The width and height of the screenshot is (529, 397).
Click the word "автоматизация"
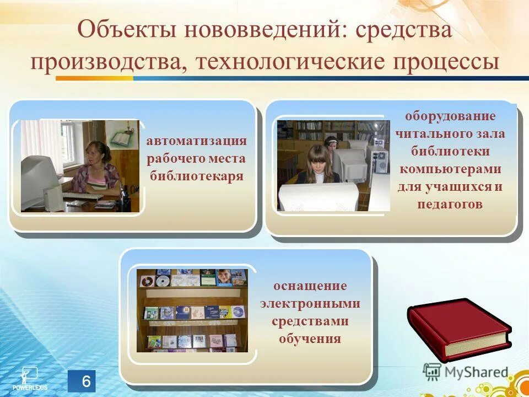pos(196,141)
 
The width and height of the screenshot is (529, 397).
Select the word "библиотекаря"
pos(196,176)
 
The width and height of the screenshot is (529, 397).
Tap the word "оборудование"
pos(450,116)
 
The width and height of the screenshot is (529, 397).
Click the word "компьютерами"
pos(450,169)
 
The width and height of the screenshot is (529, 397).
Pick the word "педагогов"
pos(450,204)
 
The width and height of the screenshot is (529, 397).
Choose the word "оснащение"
pos(310,286)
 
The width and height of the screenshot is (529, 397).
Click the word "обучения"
pos(310,338)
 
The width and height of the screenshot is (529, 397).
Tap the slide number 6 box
pos(82,382)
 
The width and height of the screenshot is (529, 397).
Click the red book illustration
pos(458,328)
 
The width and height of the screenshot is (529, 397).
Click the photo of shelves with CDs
pos(192,310)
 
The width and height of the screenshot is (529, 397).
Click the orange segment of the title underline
pos(94,78)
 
